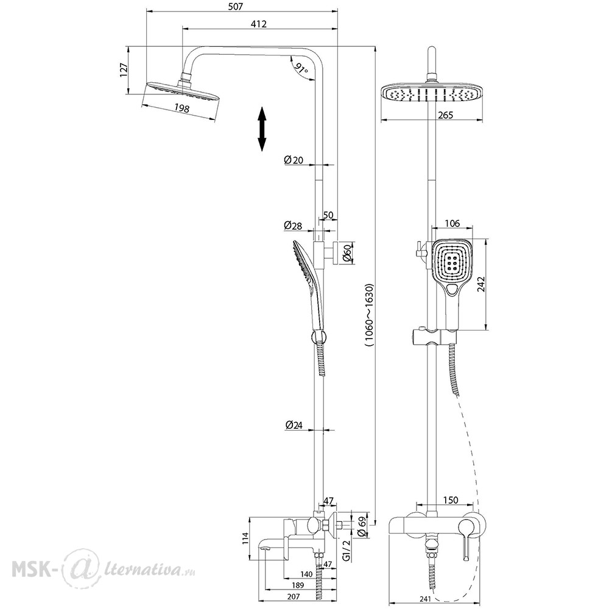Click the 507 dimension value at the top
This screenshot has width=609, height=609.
[x=236, y=6]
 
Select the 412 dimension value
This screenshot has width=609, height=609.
[x=259, y=24]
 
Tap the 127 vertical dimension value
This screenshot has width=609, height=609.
[x=124, y=70]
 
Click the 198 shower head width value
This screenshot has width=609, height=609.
[x=181, y=108]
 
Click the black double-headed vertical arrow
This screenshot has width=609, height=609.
[x=262, y=129]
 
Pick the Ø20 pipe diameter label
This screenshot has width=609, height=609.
[x=294, y=160]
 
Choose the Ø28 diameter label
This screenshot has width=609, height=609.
[x=293, y=225]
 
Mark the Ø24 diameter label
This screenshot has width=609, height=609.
[x=294, y=425]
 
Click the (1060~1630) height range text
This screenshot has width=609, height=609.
[x=368, y=315]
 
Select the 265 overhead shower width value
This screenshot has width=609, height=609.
[x=445, y=115]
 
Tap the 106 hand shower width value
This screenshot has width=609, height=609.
[x=452, y=224]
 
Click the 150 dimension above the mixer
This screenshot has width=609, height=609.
[x=451, y=500]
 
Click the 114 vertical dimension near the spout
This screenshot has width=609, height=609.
[x=245, y=538]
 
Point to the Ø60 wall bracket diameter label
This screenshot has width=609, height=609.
[x=348, y=253]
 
